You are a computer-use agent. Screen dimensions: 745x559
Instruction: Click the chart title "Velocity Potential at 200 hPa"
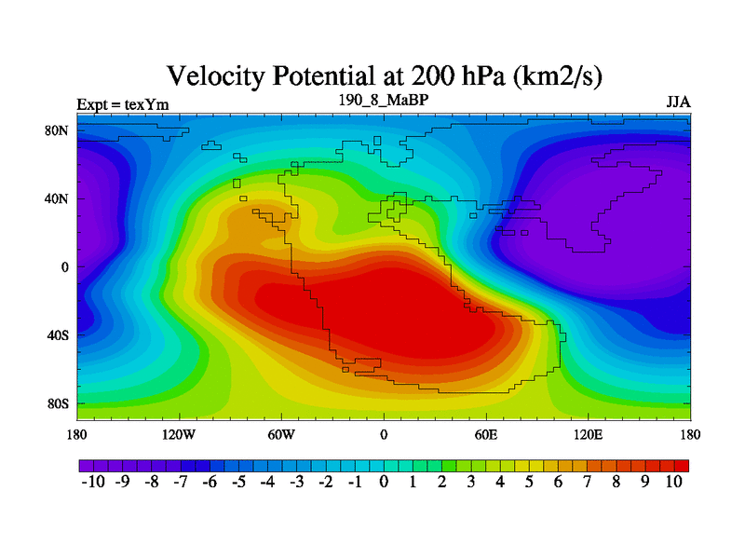click(336, 76)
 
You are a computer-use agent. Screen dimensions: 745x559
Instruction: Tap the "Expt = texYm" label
click(123, 104)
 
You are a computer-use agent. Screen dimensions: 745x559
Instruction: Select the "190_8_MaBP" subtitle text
click(384, 101)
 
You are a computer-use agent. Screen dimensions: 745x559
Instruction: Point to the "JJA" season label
click(678, 102)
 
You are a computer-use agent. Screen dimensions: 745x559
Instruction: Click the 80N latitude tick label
click(57, 130)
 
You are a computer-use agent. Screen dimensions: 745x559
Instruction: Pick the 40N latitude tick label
click(57, 198)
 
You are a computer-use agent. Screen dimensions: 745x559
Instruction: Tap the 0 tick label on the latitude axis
click(64, 267)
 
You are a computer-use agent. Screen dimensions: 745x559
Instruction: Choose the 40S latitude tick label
click(58, 335)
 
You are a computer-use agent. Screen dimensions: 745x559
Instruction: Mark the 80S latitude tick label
click(58, 404)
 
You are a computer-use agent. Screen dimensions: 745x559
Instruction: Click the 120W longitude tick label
click(179, 434)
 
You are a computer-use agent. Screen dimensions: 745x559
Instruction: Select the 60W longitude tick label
click(281, 434)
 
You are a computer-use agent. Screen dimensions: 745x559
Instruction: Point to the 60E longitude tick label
click(486, 434)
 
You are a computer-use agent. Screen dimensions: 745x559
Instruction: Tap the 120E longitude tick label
click(589, 434)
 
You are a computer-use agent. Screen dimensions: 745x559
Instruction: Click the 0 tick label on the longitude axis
click(384, 434)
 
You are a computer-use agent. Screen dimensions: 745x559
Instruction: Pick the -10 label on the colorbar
click(93, 482)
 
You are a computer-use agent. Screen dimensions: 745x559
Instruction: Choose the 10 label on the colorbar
click(673, 482)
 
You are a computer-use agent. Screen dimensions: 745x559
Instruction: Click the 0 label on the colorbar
click(384, 482)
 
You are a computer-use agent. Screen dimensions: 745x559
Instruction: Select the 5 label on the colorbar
click(529, 482)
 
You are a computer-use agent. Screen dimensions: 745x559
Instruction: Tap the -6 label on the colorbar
click(210, 482)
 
